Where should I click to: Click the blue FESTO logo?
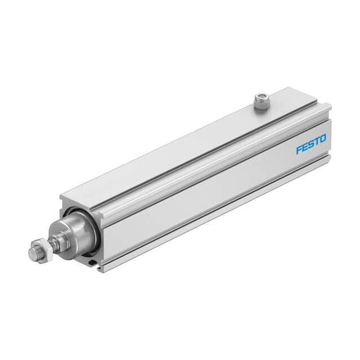pos(311,144)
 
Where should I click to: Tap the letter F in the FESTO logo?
pos(299,150)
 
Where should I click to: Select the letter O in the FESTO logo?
pos(323,139)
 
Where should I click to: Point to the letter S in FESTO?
pos(311,144)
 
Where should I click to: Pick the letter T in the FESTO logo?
pos(317,142)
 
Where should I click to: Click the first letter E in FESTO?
pos(305,147)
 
